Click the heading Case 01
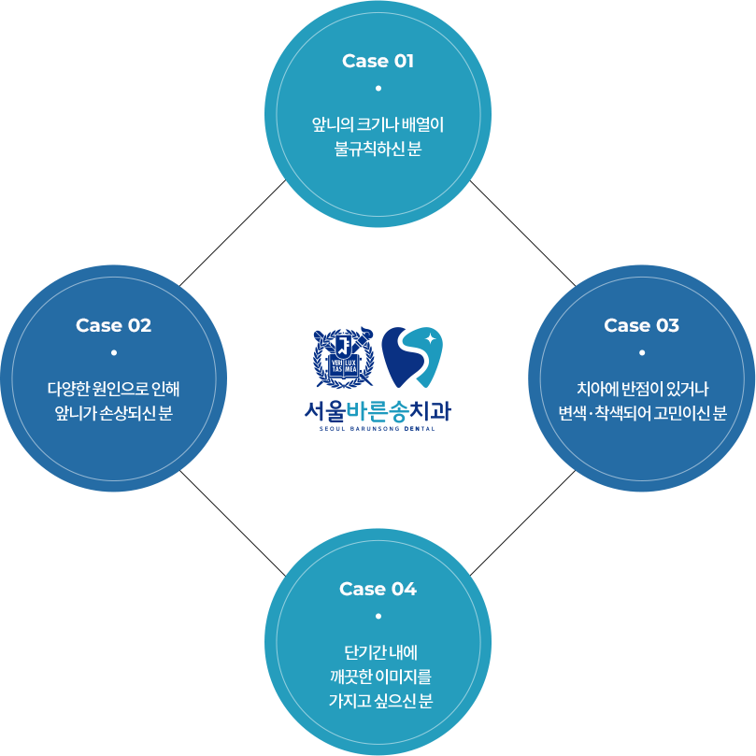coord(378,62)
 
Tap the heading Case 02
coord(113,326)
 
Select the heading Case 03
coord(641,326)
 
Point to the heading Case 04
coord(378,590)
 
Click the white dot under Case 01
coord(378,89)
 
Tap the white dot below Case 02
coord(113,353)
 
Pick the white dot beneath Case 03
coord(641,353)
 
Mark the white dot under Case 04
coord(378,617)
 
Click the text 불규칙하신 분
coord(378,149)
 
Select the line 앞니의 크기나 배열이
coord(378,124)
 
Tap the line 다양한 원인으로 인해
coord(113,389)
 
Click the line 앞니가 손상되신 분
coord(113,413)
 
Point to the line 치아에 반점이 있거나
coord(641,389)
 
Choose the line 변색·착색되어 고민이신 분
coord(641,413)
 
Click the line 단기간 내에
coord(378,651)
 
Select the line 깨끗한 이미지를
coord(378,676)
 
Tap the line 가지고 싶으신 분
coord(378,700)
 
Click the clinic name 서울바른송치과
coord(378,410)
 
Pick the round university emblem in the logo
coord(341,358)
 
